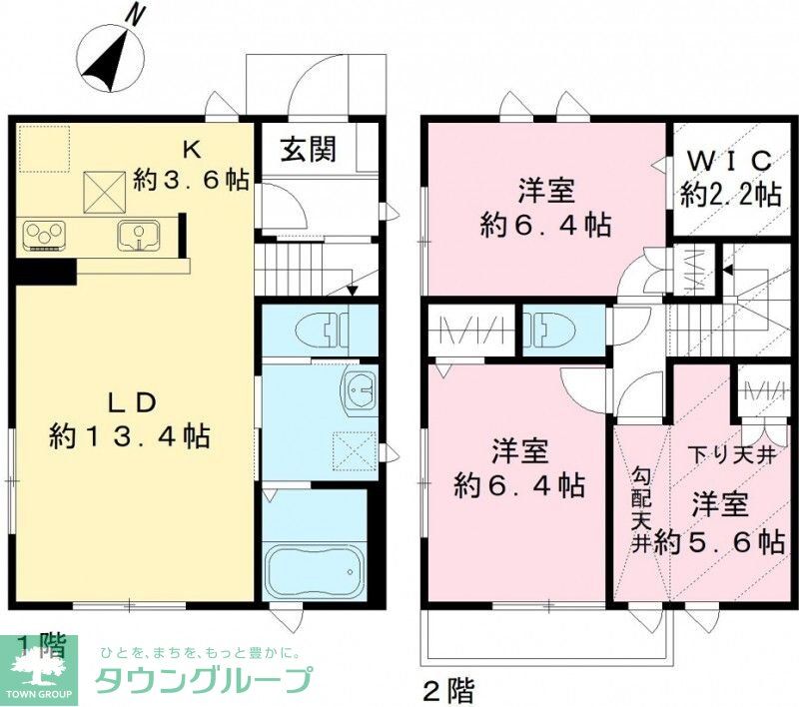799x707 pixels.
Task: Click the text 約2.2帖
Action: pyautogui.click(x=730, y=194)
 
